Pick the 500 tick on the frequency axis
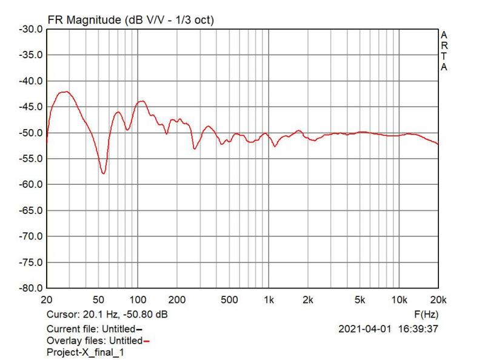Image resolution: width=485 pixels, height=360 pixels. pyautogui.click(x=229, y=300)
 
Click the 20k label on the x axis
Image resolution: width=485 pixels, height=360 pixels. pyautogui.click(x=438, y=300)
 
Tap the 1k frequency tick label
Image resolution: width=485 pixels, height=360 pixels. pyautogui.click(x=269, y=300)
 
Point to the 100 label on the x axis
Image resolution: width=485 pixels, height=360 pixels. pyautogui.click(x=138, y=300)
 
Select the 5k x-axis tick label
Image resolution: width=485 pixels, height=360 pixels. pyautogui.click(x=360, y=300)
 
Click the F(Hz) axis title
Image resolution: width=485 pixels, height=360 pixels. pyautogui.click(x=426, y=315)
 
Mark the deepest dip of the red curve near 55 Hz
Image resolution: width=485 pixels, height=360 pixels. pyautogui.click(x=104, y=173)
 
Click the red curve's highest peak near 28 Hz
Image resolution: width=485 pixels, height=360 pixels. pyautogui.click(x=65, y=92)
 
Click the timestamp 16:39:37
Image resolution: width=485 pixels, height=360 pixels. pyautogui.click(x=418, y=329)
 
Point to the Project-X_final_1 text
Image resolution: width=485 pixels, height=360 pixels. pyautogui.click(x=85, y=352)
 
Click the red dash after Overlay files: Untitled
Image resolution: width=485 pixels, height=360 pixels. pyautogui.click(x=146, y=341)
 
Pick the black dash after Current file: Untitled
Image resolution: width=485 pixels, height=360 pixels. pyautogui.click(x=139, y=329)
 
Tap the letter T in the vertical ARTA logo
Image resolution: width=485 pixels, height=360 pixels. pyautogui.click(x=444, y=58)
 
